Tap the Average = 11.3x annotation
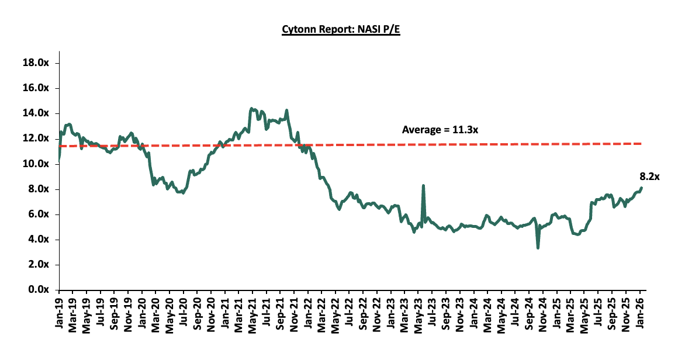point(440,130)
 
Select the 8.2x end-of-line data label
point(649,176)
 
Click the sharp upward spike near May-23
point(423,186)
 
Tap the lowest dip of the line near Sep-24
point(538,248)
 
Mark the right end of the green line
point(641,188)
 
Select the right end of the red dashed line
point(641,144)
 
